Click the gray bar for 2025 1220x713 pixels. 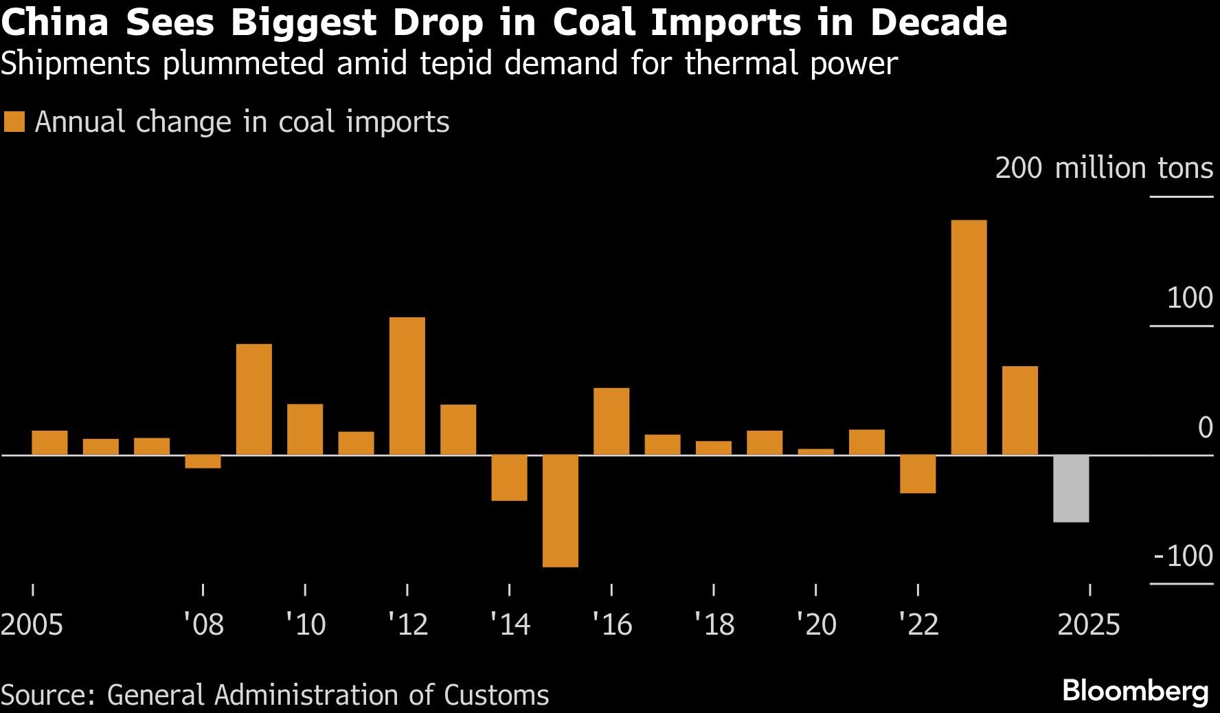coord(1071,488)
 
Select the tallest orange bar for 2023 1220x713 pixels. coord(969,337)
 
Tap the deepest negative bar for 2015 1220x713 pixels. coord(561,510)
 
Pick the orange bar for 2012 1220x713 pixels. coord(407,385)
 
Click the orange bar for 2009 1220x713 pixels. coord(254,399)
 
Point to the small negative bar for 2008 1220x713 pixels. coord(203,462)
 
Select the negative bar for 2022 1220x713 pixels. coord(918,474)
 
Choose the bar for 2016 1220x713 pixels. coord(611,421)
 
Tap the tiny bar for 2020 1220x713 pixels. coord(815,452)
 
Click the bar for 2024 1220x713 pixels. coord(1020,410)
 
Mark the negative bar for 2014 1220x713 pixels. coord(509,477)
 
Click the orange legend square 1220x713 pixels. coord(14,122)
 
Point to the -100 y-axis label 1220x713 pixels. coord(1183,556)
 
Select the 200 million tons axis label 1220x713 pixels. coord(1103,168)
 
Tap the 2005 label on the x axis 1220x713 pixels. coord(32,624)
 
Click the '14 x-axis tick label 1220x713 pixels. coord(510,624)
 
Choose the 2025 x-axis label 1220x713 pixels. coord(1089,624)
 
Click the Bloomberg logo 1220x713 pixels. coord(1135,691)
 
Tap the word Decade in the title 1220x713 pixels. coord(938,22)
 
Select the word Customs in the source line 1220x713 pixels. coord(496,695)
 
